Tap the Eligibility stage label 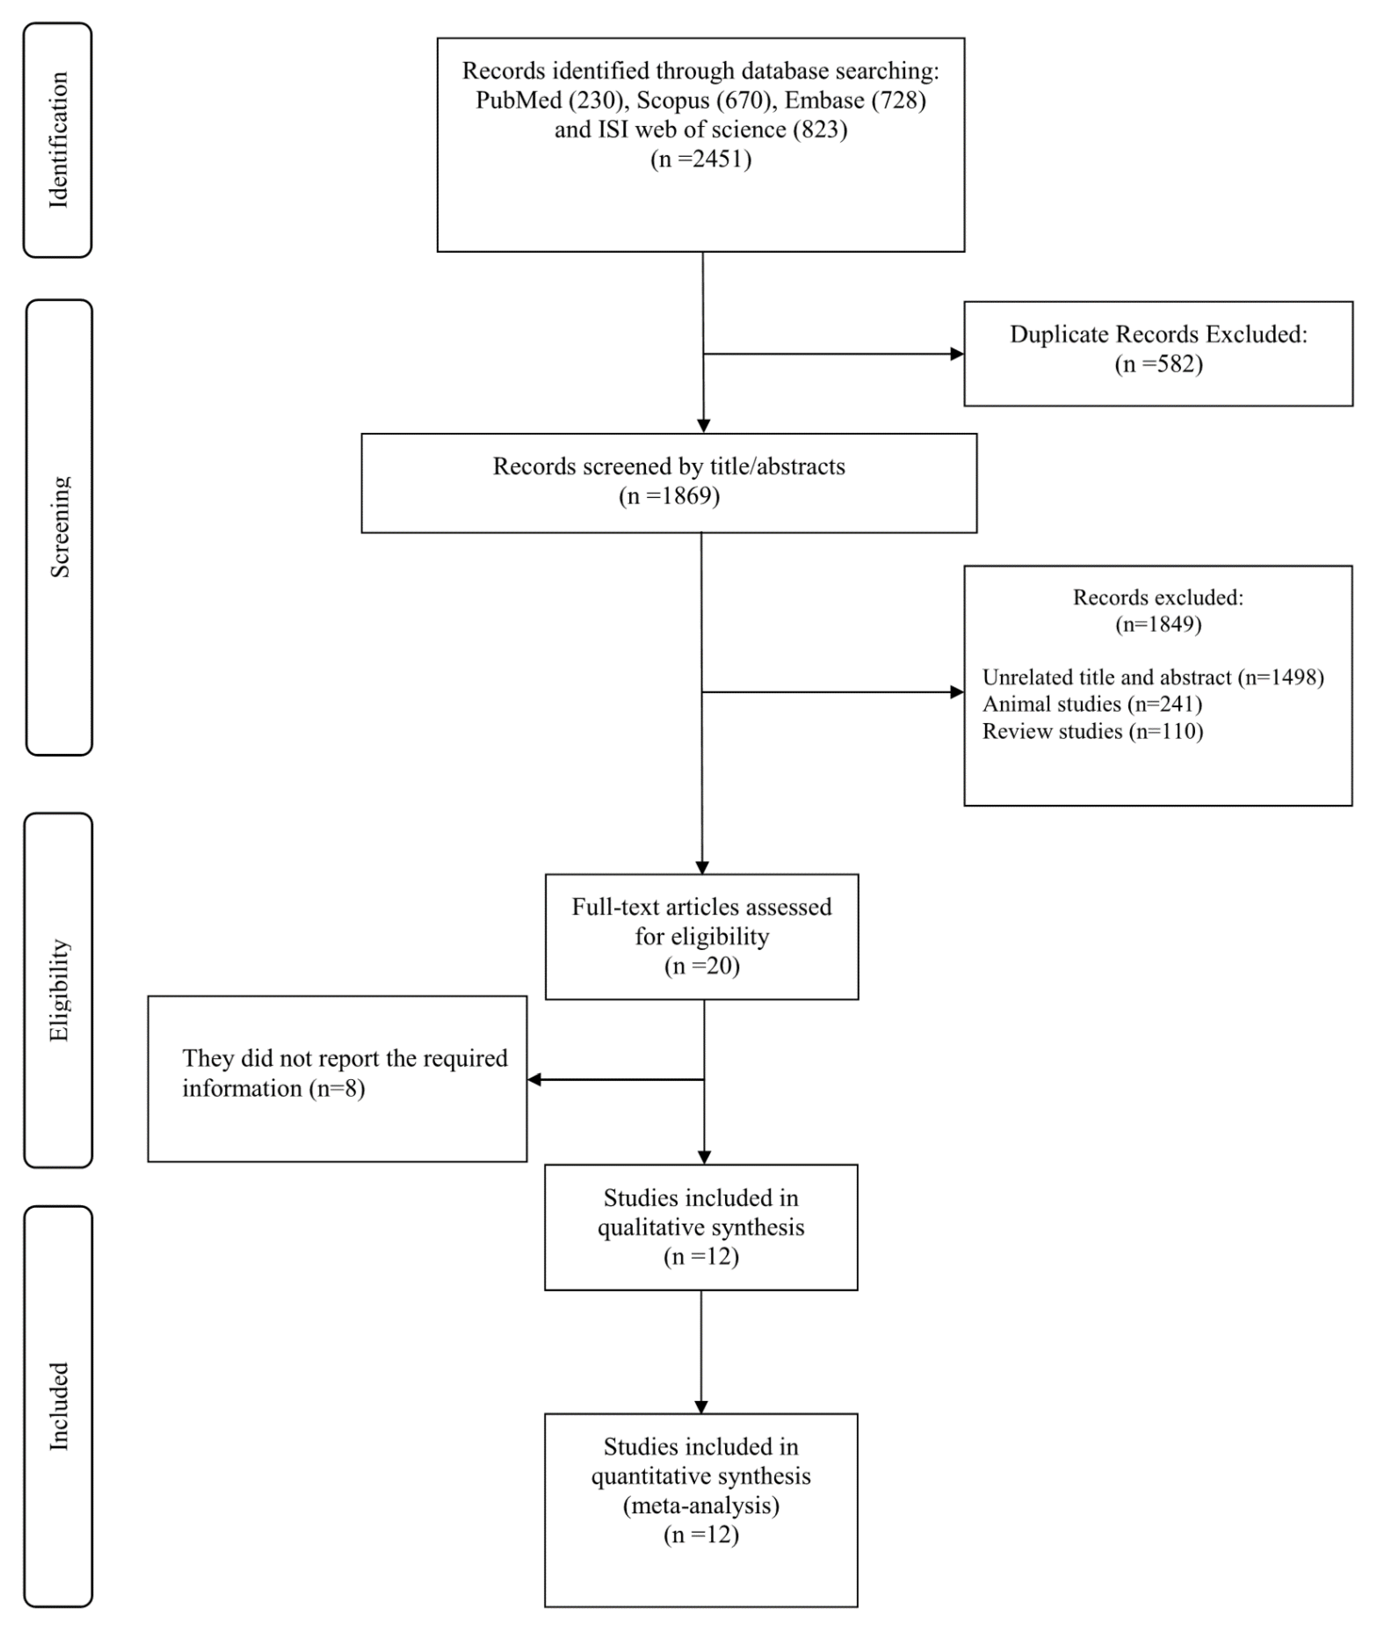tap(59, 990)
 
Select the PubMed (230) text tap(550, 100)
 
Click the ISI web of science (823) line tap(701, 129)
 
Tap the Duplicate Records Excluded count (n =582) tap(1159, 364)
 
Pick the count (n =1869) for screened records tap(669, 496)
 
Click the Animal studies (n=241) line tap(1092, 705)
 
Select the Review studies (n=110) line tap(1093, 732)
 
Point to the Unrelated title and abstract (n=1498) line tap(1153, 678)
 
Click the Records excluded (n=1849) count tap(1159, 625)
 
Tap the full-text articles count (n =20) tap(702, 966)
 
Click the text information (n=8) tap(273, 1089)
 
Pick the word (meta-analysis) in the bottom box tap(701, 1505)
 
